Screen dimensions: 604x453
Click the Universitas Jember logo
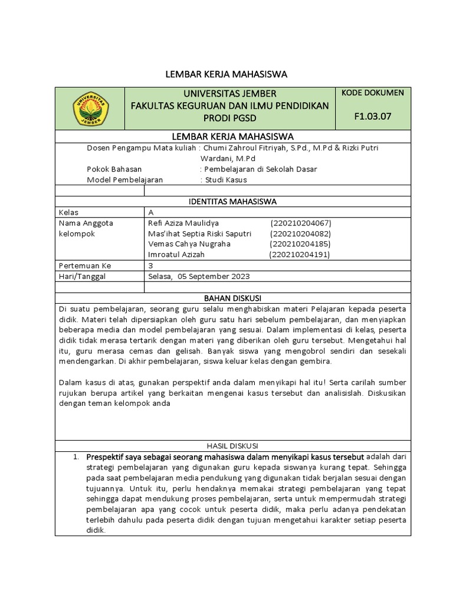click(90, 109)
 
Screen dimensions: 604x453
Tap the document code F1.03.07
click(372, 116)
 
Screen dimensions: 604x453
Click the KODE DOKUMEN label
click(372, 93)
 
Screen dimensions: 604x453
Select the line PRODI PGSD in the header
click(229, 117)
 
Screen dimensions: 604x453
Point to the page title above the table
click(225, 74)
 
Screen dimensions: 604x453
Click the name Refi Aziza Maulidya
click(183, 223)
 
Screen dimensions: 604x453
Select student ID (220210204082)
click(301, 234)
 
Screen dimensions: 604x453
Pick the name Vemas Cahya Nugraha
click(189, 244)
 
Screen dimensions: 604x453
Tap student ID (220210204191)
click(300, 255)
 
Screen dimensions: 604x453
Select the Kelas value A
click(151, 212)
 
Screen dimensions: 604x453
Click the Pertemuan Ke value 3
click(151, 265)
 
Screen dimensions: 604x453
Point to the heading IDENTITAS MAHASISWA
click(232, 202)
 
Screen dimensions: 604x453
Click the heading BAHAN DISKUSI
click(232, 298)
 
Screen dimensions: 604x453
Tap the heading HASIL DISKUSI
click(232, 446)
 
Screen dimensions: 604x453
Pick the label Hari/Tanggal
click(81, 276)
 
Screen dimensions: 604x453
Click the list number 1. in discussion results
click(75, 457)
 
